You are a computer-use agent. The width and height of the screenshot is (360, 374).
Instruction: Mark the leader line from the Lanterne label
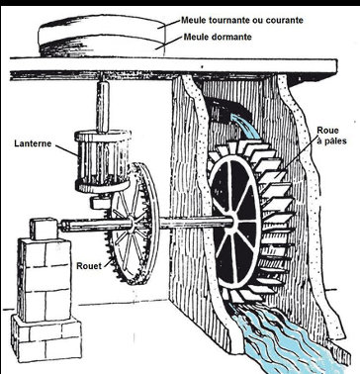click(x=67, y=148)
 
